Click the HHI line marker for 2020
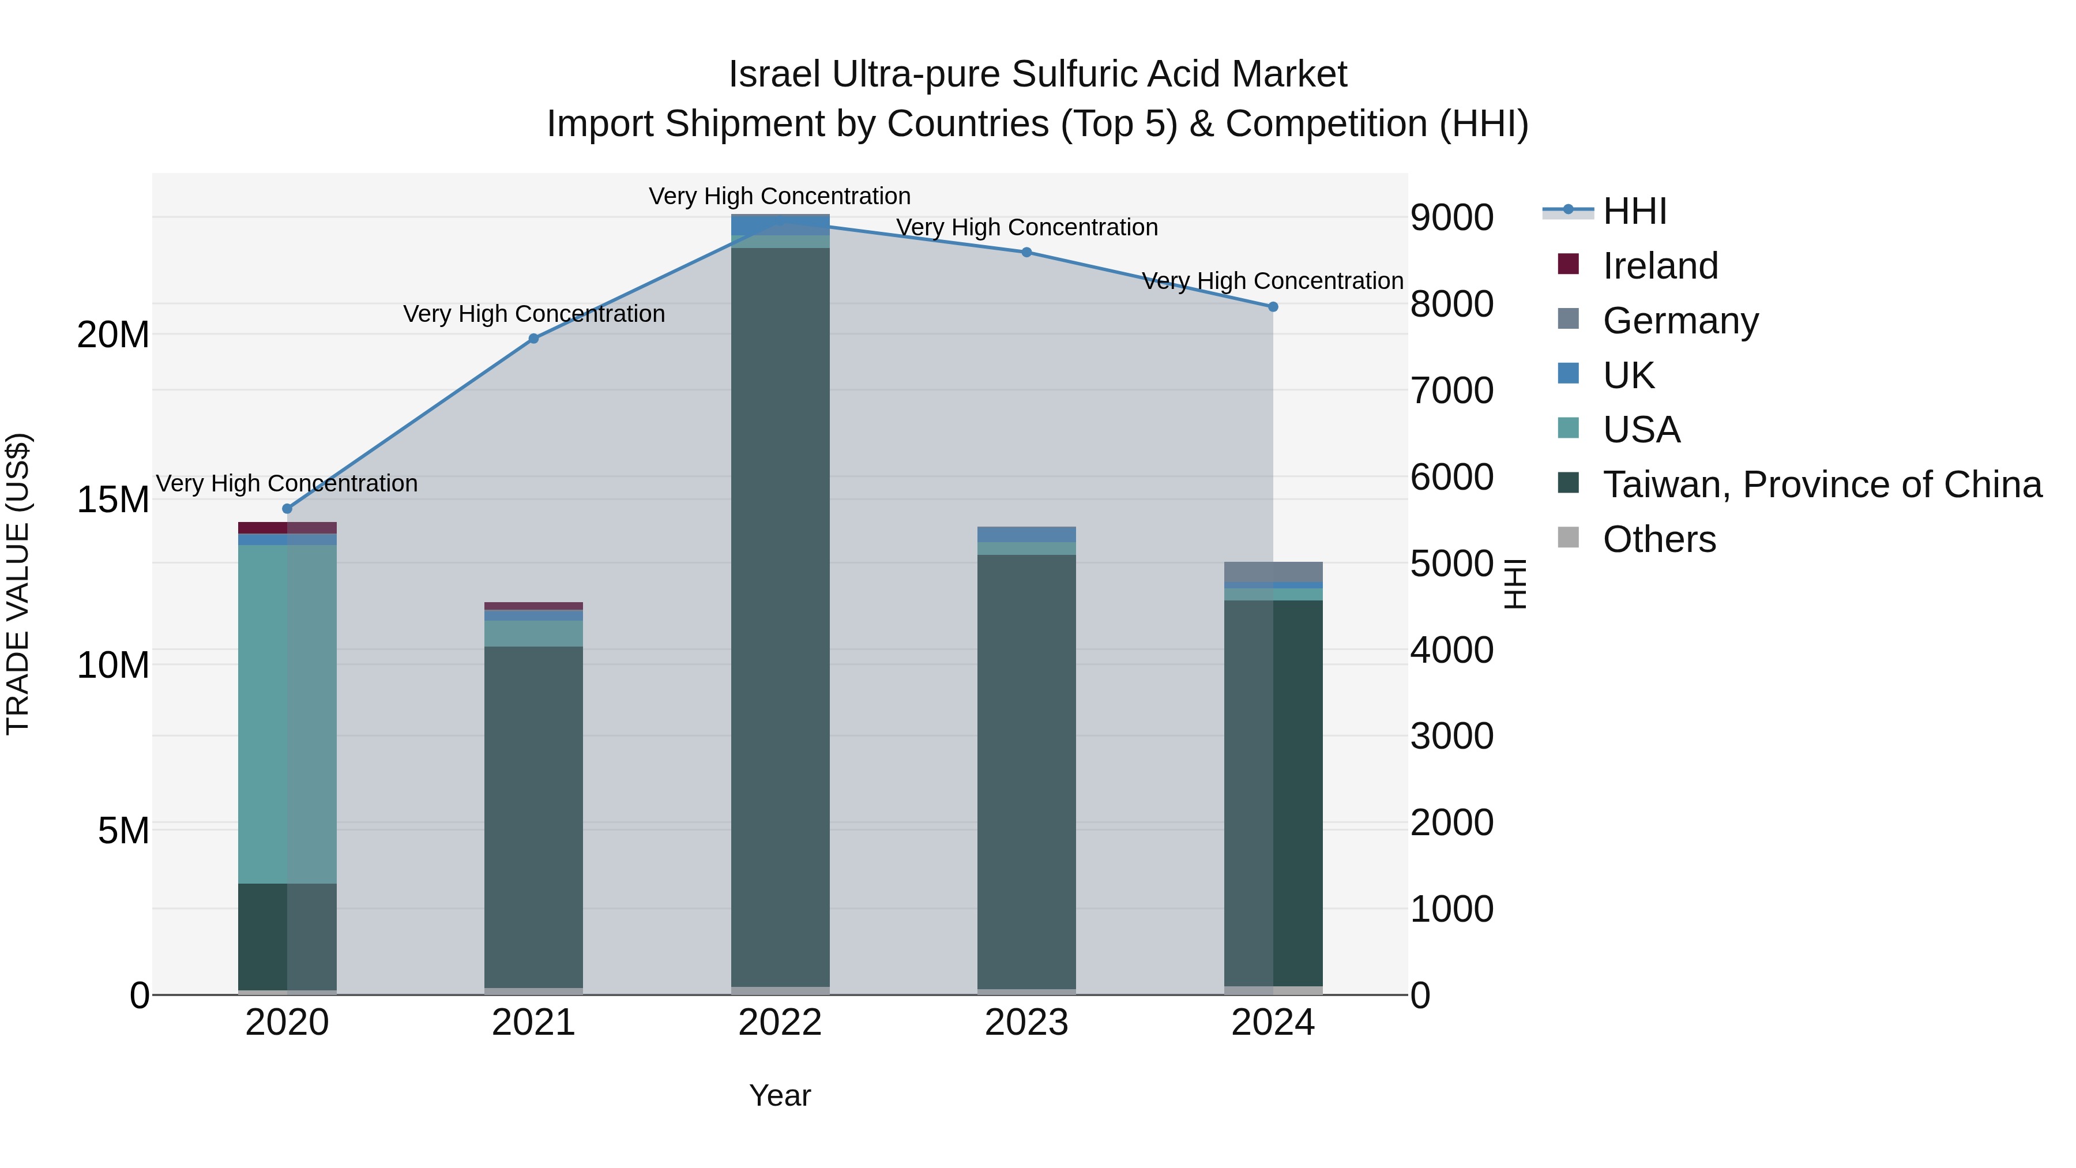[x=287, y=509]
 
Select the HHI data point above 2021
[x=533, y=339]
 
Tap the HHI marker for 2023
[x=1026, y=252]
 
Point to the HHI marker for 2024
[x=1273, y=306]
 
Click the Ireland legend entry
[x=1660, y=266]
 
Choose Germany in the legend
[x=1680, y=321]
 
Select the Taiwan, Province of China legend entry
[x=1821, y=485]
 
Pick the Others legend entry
[x=1658, y=539]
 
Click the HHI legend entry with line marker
[x=1634, y=211]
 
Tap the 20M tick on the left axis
[x=113, y=335]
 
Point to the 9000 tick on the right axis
[x=1451, y=217]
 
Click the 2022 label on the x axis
[x=780, y=1023]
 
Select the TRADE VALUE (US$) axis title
[x=18, y=584]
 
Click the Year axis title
[x=780, y=1095]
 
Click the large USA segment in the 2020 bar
[x=287, y=713]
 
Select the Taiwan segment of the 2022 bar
[x=780, y=617]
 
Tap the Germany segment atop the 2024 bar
[x=1273, y=572]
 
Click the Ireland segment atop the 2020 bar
[x=287, y=528]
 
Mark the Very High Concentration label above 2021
[x=533, y=314]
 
